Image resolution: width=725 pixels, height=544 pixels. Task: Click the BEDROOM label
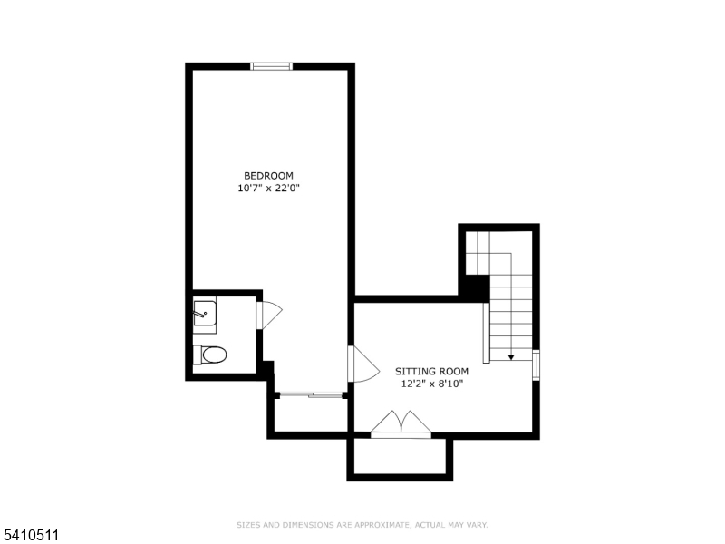coord(268,176)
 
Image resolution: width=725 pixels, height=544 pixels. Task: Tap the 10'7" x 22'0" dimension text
coord(268,189)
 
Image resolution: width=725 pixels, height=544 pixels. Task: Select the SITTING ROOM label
coord(431,371)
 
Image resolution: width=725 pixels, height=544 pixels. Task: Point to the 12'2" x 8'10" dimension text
coord(431,384)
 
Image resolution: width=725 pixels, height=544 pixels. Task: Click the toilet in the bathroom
coord(210,354)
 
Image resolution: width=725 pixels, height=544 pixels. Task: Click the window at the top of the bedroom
coord(271,65)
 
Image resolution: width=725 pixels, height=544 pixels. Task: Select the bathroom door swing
coord(269,315)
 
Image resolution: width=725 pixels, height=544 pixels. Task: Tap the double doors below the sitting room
coord(401,423)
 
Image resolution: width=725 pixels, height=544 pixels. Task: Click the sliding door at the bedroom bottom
coord(310,394)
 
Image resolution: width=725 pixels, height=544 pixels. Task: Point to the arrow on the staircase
coord(511,357)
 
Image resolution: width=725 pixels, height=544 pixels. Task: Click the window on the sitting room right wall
coord(536,364)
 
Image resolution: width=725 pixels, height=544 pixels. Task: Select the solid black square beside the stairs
coord(474,287)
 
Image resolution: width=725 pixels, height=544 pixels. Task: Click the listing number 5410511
coord(30,536)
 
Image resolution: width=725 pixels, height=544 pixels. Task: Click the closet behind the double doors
coord(399,457)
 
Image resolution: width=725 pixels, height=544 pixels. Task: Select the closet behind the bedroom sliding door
coord(309,414)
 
